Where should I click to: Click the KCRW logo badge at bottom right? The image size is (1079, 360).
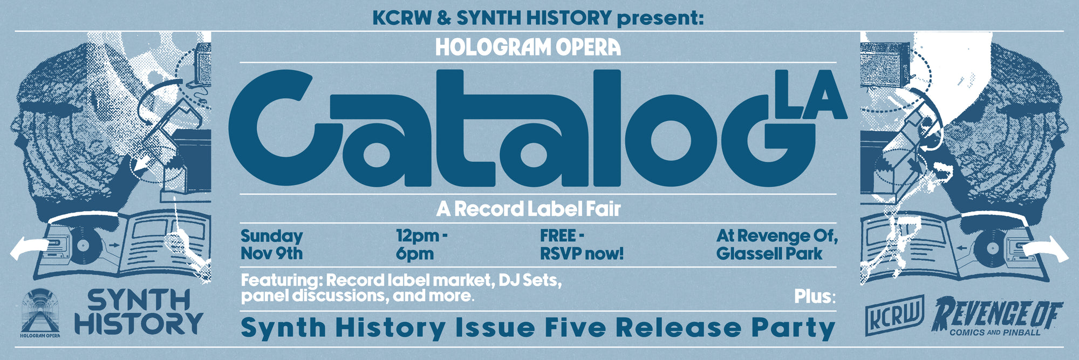pyautogui.click(x=895, y=315)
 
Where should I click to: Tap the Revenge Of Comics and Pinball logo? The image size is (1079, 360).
pyautogui.click(x=997, y=317)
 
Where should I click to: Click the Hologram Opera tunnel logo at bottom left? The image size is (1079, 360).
pyautogui.click(x=40, y=313)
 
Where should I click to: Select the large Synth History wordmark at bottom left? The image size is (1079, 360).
pyautogui.click(x=138, y=312)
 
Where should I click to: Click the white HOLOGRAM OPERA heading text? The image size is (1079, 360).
pyautogui.click(x=528, y=47)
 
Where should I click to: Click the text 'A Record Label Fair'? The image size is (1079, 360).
pyautogui.click(x=528, y=209)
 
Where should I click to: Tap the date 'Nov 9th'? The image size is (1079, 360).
pyautogui.click(x=271, y=253)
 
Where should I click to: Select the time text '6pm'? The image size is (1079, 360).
pyautogui.click(x=414, y=254)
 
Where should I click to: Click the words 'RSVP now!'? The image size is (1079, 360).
pyautogui.click(x=582, y=253)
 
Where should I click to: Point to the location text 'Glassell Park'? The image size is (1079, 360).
pyautogui.click(x=769, y=253)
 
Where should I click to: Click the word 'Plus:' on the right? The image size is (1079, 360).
pyautogui.click(x=815, y=296)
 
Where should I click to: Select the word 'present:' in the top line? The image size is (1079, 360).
pyautogui.click(x=660, y=18)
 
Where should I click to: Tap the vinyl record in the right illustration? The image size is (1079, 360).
pyautogui.click(x=991, y=249)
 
